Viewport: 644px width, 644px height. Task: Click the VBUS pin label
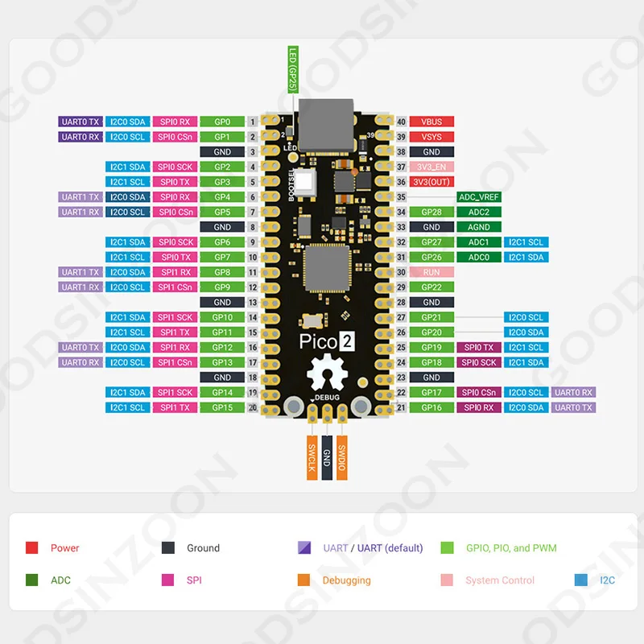[x=431, y=122]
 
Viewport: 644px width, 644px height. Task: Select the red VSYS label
[x=431, y=137]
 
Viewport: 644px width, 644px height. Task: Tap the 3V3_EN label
[x=431, y=167]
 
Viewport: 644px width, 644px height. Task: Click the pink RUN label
[x=431, y=272]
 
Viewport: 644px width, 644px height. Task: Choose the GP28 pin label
[x=431, y=213]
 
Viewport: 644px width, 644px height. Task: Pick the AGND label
[x=478, y=227]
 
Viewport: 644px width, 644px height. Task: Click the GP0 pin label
[x=222, y=122]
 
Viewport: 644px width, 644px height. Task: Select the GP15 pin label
[x=222, y=407]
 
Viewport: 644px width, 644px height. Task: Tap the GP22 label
[x=431, y=287]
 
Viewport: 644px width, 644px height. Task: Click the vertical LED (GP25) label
[x=292, y=68]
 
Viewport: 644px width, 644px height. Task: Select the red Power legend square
[x=32, y=548]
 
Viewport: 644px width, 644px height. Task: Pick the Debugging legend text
[x=346, y=580]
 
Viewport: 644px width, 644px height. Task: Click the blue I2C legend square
[x=581, y=580]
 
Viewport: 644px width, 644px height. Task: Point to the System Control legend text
[x=499, y=580]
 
